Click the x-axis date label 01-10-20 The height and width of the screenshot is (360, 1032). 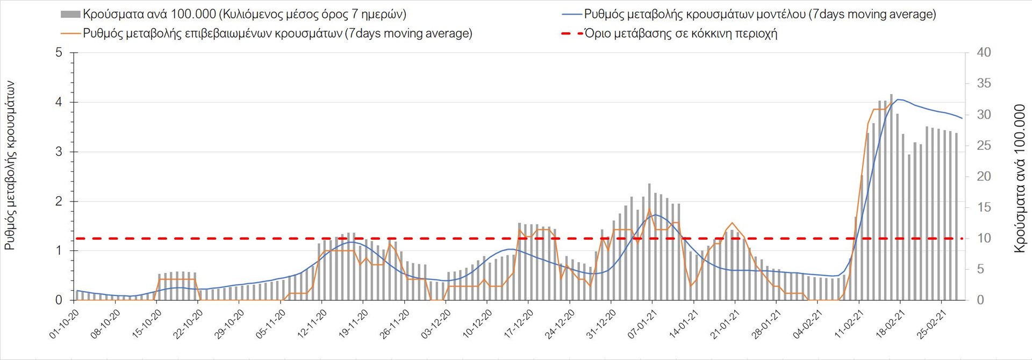tap(64, 325)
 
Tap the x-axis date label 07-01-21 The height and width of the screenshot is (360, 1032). tap(642, 325)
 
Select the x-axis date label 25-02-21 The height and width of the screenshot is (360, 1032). tap(931, 325)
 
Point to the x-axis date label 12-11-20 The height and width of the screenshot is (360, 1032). tap(312, 325)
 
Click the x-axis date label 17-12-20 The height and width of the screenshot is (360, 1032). tap(518, 325)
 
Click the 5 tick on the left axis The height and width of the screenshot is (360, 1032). tap(59, 53)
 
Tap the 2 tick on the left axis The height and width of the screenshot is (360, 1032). tap(59, 201)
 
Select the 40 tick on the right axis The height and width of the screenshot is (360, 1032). tap(984, 53)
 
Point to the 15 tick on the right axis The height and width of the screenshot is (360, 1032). tap(984, 207)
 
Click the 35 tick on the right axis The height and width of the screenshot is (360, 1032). tap(984, 83)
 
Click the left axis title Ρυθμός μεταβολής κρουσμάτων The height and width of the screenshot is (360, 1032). tap(10, 165)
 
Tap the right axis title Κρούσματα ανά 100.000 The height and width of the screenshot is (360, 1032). tap(1020, 178)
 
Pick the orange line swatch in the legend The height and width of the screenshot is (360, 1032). tap(71, 33)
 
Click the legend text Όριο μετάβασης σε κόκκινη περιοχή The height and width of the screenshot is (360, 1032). tap(680, 33)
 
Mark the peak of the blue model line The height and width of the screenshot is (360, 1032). tap(898, 99)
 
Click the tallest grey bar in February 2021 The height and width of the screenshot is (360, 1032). tap(891, 197)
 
